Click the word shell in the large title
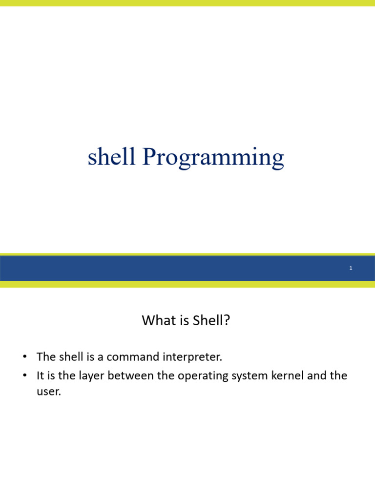pyautogui.click(x=111, y=156)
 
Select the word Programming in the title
pyautogui.click(x=213, y=158)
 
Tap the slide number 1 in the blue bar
pyautogui.click(x=351, y=268)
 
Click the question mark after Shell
pyautogui.click(x=227, y=320)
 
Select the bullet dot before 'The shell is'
pyautogui.click(x=24, y=356)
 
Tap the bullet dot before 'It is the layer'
pyautogui.click(x=24, y=375)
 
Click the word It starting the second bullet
pyautogui.click(x=40, y=375)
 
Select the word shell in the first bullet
pyautogui.click(x=71, y=356)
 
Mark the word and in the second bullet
pyautogui.click(x=316, y=375)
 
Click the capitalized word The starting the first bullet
pyautogui.click(x=46, y=356)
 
